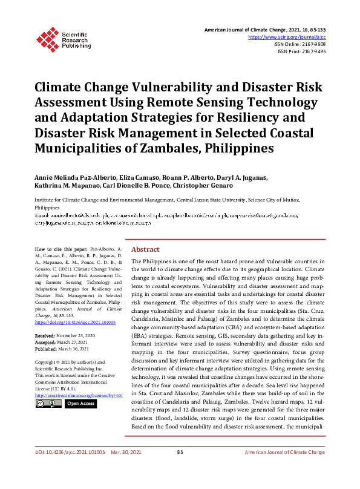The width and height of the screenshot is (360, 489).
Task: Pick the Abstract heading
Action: pos(145,266)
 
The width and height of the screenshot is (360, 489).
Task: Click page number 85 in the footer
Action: pos(180,469)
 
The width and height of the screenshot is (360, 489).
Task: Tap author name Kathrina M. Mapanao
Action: pos(68,186)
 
